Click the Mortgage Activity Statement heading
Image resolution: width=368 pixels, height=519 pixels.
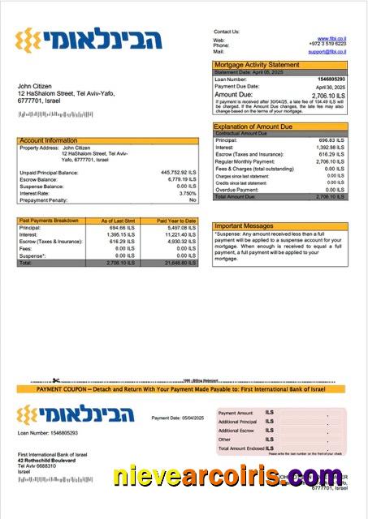click(256, 64)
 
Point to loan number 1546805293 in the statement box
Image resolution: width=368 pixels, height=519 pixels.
click(331, 79)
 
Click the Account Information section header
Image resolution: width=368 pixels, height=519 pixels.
click(49, 140)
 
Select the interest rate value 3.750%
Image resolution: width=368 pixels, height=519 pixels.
click(187, 193)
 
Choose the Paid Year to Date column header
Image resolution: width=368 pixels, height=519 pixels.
click(177, 221)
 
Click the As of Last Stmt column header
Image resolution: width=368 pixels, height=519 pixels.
click(118, 221)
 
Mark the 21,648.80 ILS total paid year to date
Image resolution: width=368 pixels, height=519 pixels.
click(179, 263)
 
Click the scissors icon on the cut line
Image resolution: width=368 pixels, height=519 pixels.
click(55, 380)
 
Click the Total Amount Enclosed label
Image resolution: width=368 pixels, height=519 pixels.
click(241, 448)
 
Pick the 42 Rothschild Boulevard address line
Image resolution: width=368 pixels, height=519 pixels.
click(48, 461)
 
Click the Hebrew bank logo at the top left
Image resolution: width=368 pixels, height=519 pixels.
click(89, 38)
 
